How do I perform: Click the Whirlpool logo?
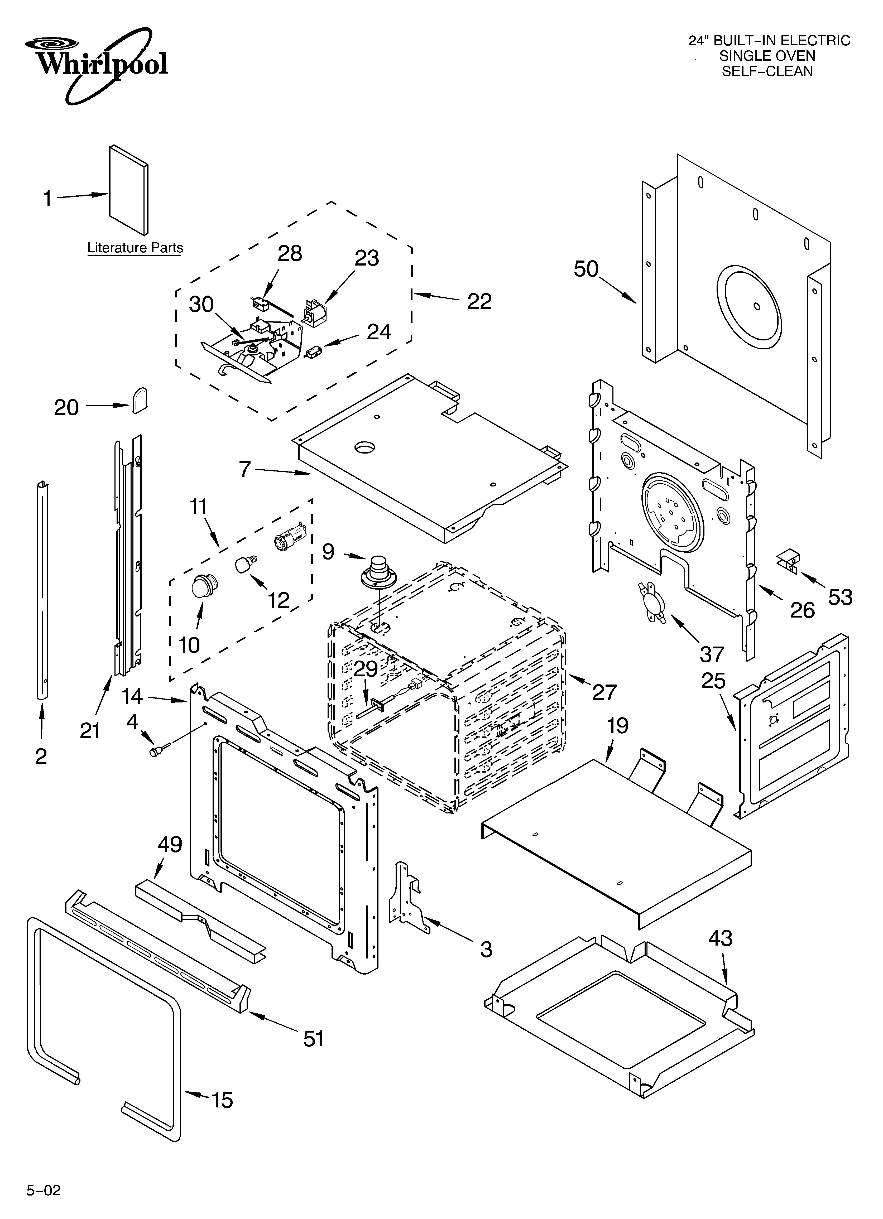pos(97,65)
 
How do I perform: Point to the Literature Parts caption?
pos(135,248)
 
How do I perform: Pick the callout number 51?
pos(314,1039)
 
